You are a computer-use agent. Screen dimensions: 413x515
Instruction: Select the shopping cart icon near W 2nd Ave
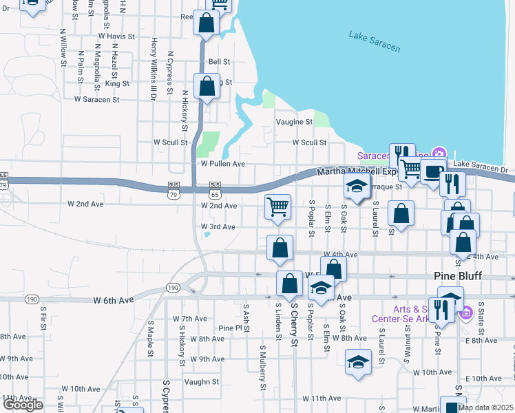pos(277,206)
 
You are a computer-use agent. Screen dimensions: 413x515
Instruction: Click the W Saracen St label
pos(97,100)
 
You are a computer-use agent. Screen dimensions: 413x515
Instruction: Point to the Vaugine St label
pos(294,122)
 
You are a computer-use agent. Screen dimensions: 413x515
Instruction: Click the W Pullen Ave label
pos(222,165)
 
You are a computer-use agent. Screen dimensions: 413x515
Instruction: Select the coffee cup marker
pos(432,172)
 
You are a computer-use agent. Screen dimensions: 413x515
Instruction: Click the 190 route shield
pos(172,288)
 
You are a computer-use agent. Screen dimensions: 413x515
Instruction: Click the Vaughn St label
pos(201,382)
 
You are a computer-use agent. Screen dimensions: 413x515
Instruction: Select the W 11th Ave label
pos(317,399)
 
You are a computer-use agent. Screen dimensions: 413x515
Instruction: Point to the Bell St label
pos(218,62)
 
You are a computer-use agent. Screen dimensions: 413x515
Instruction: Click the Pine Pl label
pos(231,328)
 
